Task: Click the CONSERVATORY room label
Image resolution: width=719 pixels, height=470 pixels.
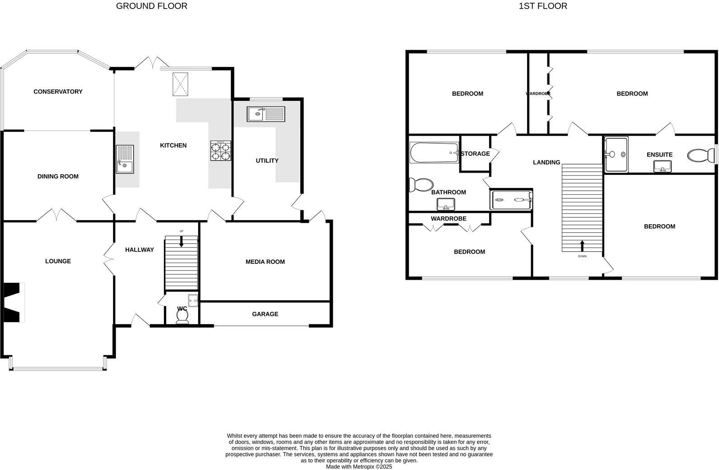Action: (x=58, y=92)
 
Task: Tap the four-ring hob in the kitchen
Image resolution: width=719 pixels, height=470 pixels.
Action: (x=220, y=151)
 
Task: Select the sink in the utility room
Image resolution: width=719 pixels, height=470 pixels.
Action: (x=265, y=114)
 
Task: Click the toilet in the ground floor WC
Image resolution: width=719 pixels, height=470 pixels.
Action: (x=182, y=317)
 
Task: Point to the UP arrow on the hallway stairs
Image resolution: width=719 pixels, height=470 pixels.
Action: (x=182, y=241)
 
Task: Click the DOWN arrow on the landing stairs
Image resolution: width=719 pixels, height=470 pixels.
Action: (x=582, y=246)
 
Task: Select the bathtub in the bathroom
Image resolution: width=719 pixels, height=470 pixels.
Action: (x=434, y=153)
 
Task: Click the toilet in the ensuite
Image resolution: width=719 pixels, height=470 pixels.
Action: (x=699, y=156)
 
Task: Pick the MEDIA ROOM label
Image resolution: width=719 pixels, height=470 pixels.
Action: (x=265, y=262)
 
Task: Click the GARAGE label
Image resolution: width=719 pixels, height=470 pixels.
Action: (x=265, y=314)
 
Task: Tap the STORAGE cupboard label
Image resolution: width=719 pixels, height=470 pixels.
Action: (x=475, y=154)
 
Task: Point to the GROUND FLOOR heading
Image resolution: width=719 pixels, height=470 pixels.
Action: (x=152, y=6)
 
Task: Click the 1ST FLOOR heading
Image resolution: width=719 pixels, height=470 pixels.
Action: (x=543, y=6)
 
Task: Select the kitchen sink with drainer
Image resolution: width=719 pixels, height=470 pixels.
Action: (x=125, y=159)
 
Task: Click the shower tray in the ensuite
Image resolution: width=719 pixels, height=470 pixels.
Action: (x=616, y=155)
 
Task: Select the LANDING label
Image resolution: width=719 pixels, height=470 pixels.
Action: (x=546, y=162)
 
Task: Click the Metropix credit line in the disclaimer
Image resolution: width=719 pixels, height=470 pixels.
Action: (x=359, y=467)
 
